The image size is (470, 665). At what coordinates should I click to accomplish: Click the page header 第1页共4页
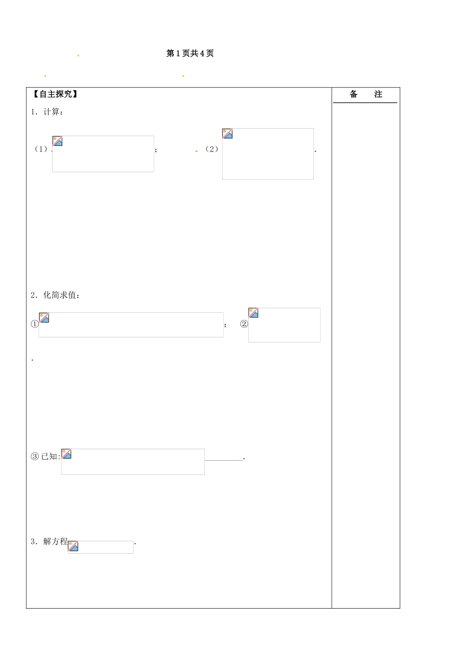pos(189,53)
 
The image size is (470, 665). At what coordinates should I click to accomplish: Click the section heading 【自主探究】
pos(54,94)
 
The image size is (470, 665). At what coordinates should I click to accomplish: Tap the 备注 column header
pos(366,94)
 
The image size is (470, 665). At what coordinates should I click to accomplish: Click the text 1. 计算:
pos(47,112)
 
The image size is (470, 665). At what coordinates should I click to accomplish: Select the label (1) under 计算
pos(41,149)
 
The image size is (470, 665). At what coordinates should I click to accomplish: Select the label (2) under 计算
pos(212,149)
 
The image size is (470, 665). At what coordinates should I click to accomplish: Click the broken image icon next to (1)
pos(57,141)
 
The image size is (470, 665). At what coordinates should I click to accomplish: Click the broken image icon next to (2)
pos(228,134)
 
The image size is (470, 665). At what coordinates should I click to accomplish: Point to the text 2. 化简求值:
pos(55,295)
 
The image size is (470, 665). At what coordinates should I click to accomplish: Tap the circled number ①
pos(35,324)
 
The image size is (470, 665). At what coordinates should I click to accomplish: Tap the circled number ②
pos(244,324)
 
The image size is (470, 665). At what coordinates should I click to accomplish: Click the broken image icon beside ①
pos(44,318)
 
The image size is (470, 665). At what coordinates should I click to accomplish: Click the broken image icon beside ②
pos(254,313)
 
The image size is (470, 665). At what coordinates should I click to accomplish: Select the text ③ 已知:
pos(46,456)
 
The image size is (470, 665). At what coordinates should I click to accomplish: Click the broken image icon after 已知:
pos(66,454)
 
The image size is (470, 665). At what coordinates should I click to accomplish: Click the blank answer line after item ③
pos(224,460)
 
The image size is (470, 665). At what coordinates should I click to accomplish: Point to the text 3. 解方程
pos(49,541)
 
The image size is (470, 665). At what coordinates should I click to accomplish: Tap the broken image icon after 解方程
pos(73,546)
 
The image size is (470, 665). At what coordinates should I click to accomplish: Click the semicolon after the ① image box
pos(225,325)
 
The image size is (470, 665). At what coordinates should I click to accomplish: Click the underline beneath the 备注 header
pos(365,103)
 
